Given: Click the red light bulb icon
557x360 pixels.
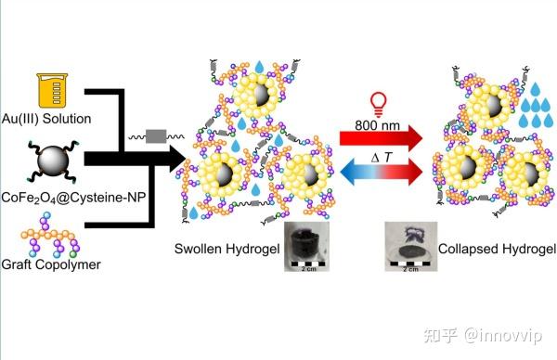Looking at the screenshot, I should point(378,104).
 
